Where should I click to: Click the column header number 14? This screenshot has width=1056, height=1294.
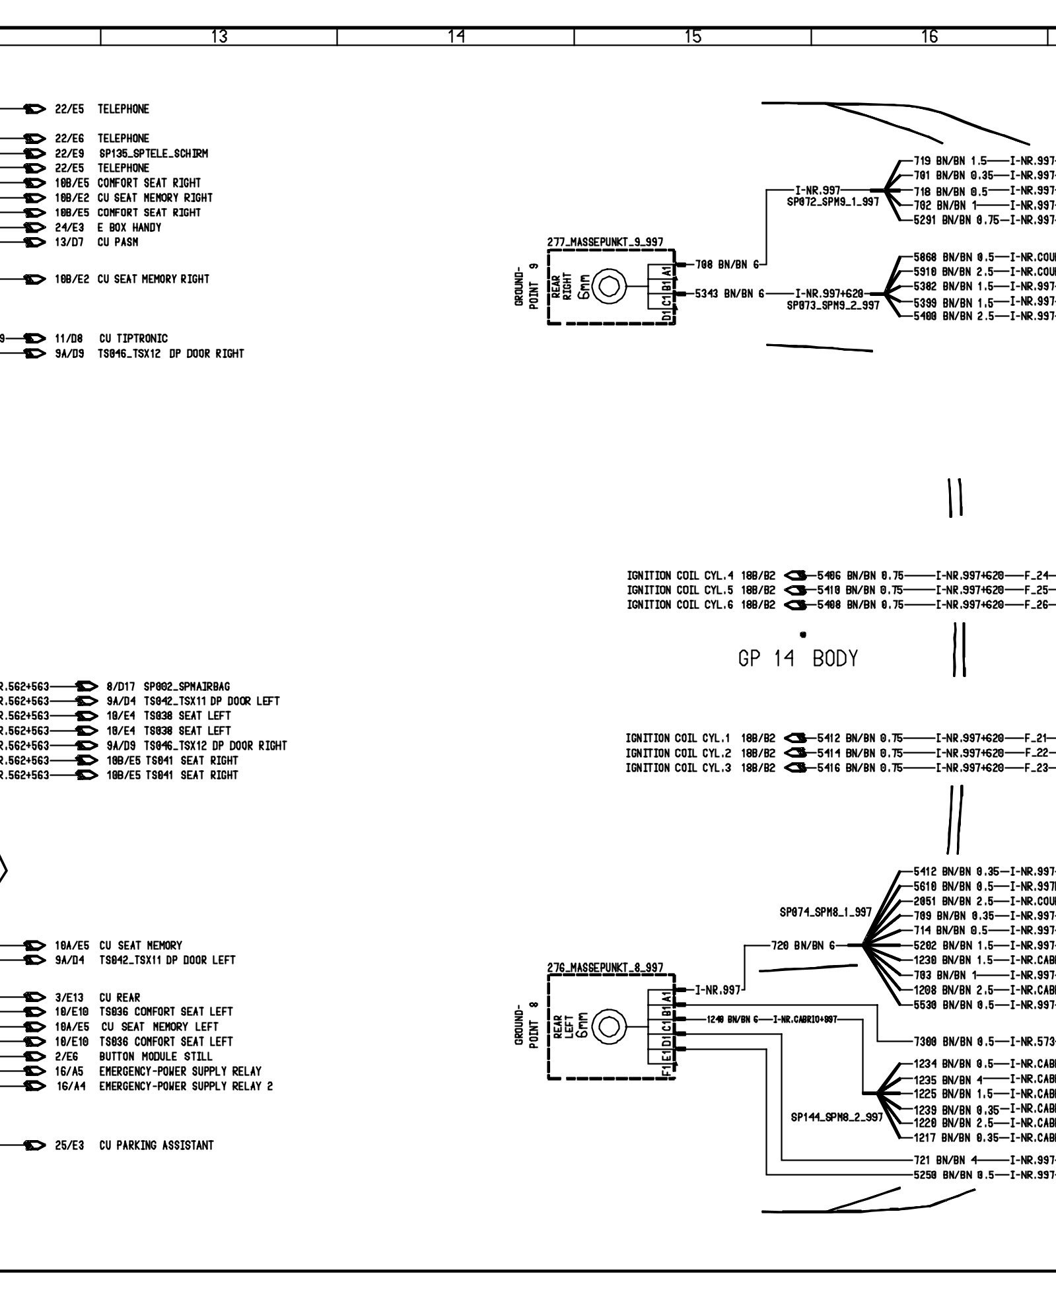(x=455, y=37)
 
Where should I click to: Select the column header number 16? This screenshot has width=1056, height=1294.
(x=929, y=37)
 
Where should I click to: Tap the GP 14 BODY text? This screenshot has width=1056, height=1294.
(x=798, y=659)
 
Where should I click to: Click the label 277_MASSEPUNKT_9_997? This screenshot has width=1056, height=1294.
(x=606, y=242)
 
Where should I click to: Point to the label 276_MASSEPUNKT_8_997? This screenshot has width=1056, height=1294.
(x=606, y=968)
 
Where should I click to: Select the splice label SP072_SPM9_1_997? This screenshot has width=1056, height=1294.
(x=833, y=201)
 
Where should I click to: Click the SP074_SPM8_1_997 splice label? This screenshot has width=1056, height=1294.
(x=826, y=912)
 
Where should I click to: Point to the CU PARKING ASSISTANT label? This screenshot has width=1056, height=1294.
(x=157, y=1145)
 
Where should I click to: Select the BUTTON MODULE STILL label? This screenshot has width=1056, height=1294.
(x=156, y=1056)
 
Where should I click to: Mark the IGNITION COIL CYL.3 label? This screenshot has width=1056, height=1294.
(x=678, y=768)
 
